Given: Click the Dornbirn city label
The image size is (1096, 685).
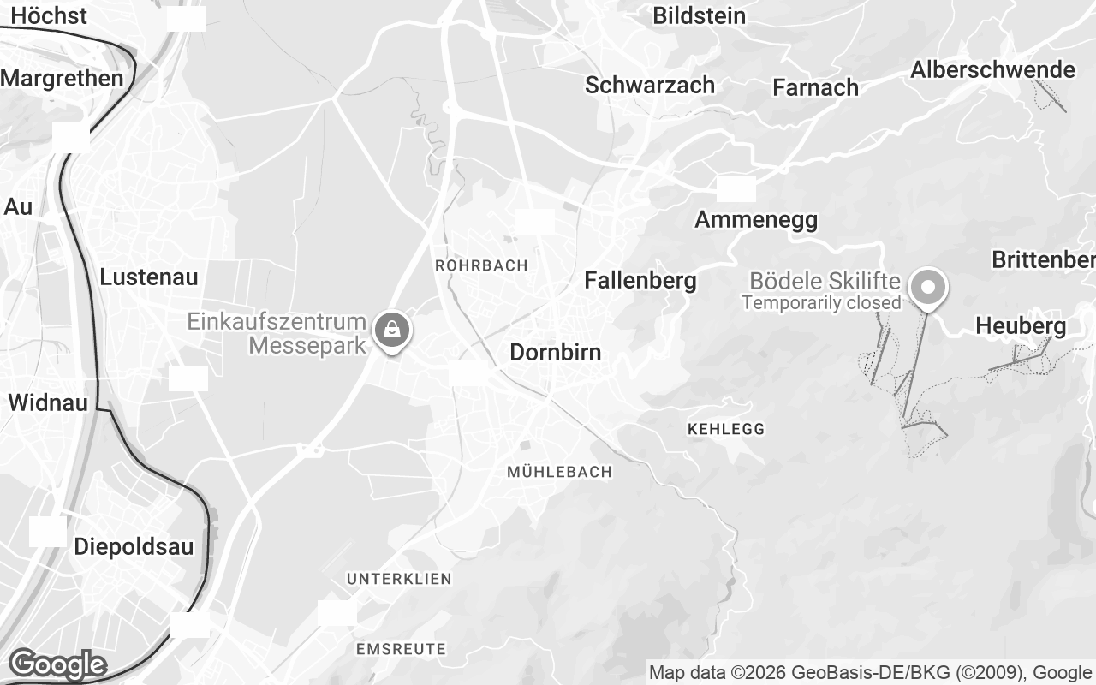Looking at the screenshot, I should tap(555, 352).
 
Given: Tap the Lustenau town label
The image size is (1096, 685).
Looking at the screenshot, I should tap(149, 277).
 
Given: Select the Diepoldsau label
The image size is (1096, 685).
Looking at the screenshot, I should tap(134, 546).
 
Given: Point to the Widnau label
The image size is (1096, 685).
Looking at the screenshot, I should tap(48, 402).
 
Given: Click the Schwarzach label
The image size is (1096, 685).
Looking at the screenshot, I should tap(650, 85).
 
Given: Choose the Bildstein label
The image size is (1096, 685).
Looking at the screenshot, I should tap(699, 15).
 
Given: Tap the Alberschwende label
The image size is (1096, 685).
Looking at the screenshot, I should tap(992, 69).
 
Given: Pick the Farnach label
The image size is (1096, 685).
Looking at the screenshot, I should tap(815, 87).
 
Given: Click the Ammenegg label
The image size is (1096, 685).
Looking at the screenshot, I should tap(756, 220).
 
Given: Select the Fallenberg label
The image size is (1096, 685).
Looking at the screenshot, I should tap(640, 280).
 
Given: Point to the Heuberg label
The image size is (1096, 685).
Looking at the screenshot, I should tap(1021, 325).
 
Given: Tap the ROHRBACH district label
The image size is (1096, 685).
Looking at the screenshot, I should tap(481, 265).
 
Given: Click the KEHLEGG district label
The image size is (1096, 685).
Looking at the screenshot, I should tap(726, 428).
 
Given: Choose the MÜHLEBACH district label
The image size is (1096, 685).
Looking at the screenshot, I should tap(560, 472).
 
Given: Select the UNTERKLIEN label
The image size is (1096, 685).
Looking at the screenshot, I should tap(399, 579).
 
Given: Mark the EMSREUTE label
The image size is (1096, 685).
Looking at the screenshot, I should tap(401, 649).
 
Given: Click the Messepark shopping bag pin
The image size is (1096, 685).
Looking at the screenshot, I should tap(392, 329).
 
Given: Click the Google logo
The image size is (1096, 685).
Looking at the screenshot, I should tap(57, 664).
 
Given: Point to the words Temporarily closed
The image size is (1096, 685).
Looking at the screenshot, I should tap(821, 302).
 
